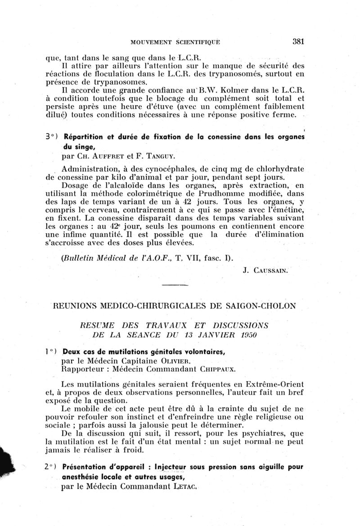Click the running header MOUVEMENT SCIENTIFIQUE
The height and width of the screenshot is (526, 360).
pyautogui.click(x=175, y=42)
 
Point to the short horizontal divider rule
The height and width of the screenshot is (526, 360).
pyautogui.click(x=174, y=285)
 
